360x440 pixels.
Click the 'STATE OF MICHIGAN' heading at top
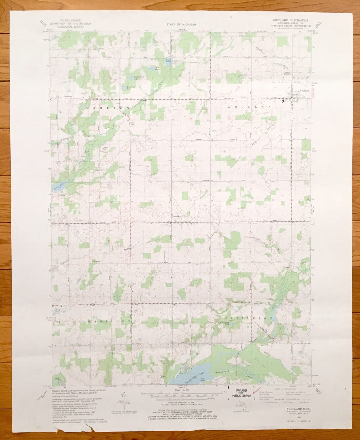pyautogui.click(x=181, y=25)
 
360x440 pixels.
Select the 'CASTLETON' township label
pyautogui.click(x=251, y=319)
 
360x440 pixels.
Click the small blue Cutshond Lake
pyautogui.click(x=168, y=61)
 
